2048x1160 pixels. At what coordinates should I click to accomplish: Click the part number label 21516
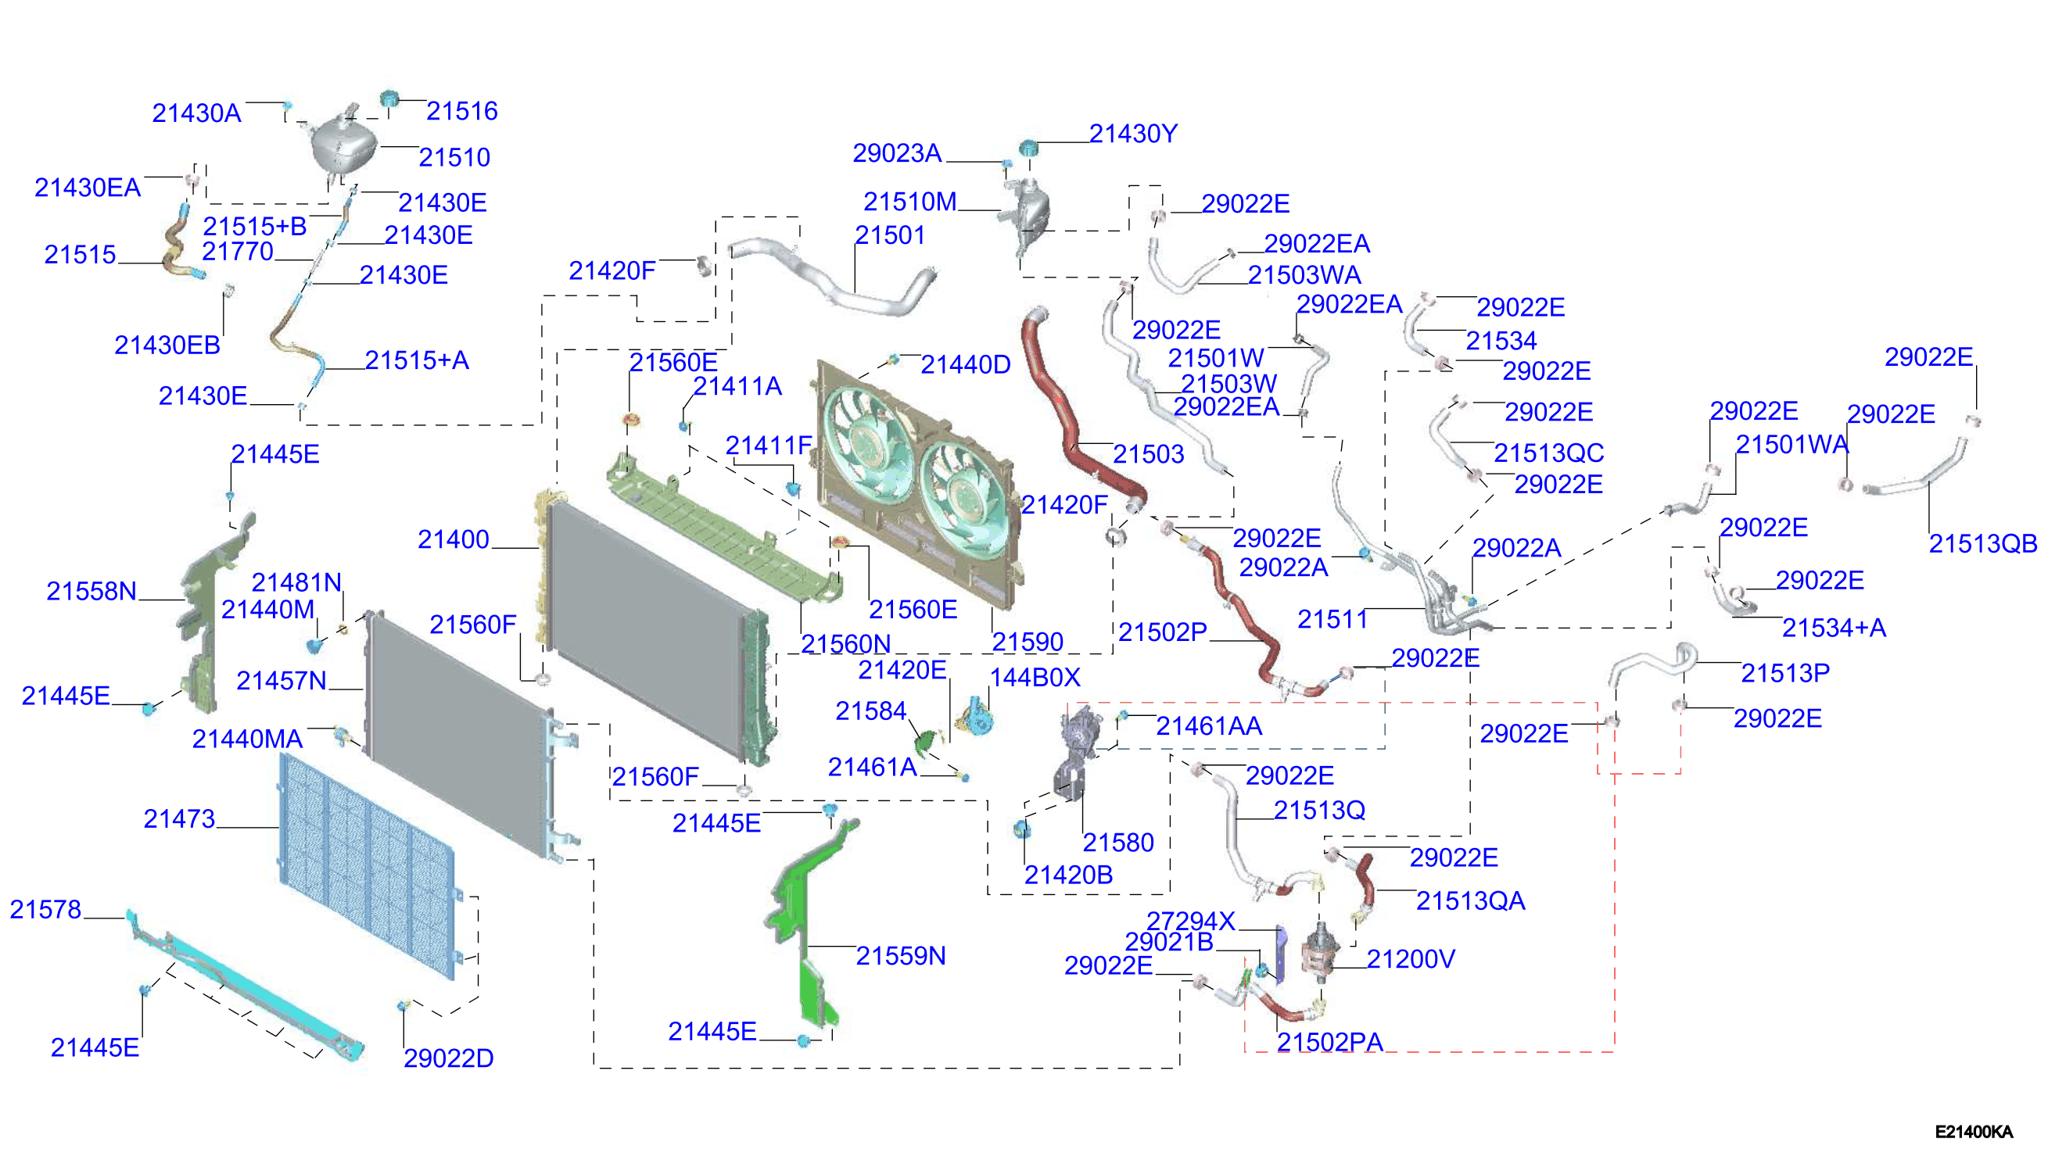click(461, 111)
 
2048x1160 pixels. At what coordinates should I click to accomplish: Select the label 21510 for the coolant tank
click(454, 157)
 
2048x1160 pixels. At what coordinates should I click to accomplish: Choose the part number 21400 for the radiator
click(453, 539)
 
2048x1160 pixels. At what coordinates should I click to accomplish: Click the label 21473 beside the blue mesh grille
click(178, 818)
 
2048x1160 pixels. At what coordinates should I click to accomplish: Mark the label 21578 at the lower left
click(45, 909)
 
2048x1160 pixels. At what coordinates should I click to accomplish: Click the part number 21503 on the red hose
click(1147, 454)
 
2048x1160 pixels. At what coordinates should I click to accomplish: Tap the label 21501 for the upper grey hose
click(889, 235)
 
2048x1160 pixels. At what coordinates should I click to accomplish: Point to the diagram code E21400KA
click(1973, 1131)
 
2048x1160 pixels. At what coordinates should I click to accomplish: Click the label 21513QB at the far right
click(1982, 543)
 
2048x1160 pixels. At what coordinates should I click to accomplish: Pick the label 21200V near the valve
click(1410, 958)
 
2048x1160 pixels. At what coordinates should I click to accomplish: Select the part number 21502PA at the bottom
click(1329, 1041)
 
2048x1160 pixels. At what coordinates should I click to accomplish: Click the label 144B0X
click(1035, 677)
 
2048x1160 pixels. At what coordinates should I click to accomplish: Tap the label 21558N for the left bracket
click(91, 591)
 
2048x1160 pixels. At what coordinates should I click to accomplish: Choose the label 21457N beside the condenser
click(282, 680)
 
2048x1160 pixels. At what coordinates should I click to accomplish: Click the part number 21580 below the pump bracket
click(1117, 842)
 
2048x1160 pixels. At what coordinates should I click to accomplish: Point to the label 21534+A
click(1834, 628)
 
